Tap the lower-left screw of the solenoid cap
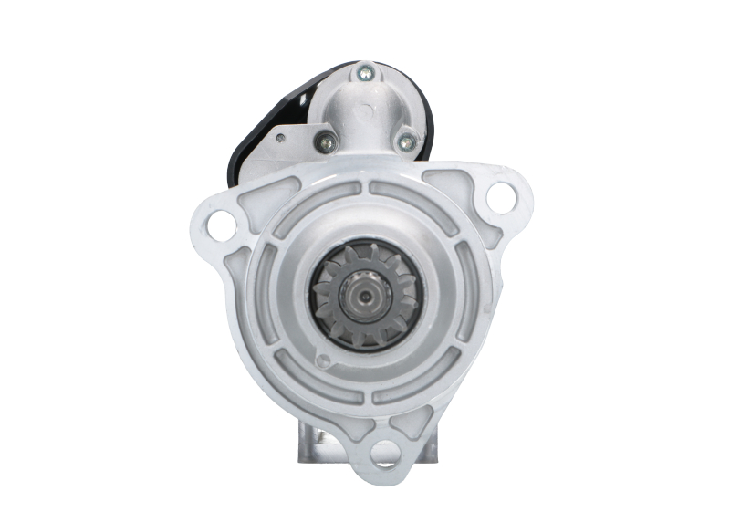click(x=323, y=141)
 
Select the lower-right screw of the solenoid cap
click(x=407, y=141)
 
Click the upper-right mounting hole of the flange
click(x=500, y=195)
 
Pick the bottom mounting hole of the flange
click(x=385, y=451)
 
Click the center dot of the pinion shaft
click(x=365, y=294)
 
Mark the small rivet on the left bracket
click(x=280, y=139)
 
